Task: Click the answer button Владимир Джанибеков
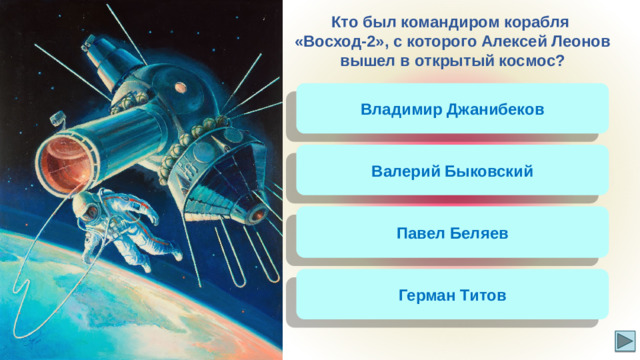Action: [x=452, y=109]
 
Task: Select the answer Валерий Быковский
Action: [x=452, y=171]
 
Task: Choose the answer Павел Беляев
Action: [x=452, y=233]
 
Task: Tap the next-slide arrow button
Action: [x=624, y=341]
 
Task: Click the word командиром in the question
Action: [x=453, y=21]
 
